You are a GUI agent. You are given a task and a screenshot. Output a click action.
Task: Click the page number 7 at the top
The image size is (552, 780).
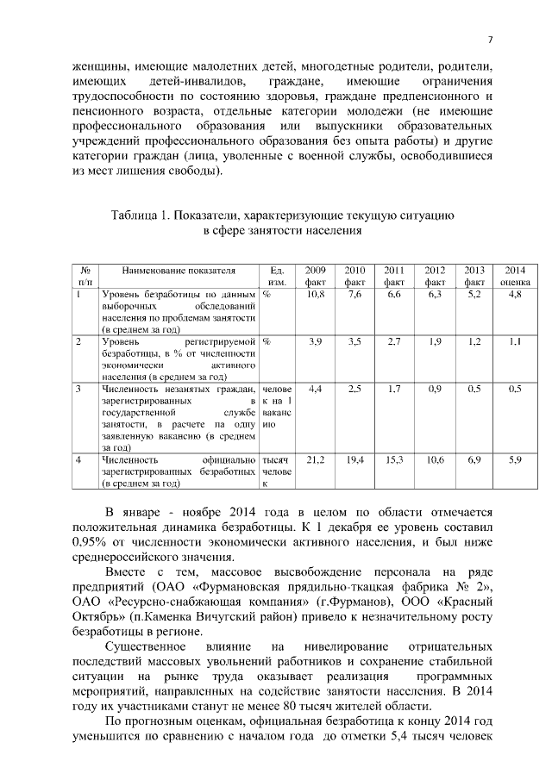(490, 41)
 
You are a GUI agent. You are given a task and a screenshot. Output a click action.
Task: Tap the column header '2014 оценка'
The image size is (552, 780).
(515, 275)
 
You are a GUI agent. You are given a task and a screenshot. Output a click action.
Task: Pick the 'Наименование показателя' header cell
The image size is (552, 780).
(179, 270)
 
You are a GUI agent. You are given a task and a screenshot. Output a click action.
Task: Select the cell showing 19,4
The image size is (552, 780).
(354, 460)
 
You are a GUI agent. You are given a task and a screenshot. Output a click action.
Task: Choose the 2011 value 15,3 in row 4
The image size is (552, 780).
(394, 460)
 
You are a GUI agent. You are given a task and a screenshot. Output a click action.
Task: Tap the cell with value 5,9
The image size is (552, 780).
(515, 460)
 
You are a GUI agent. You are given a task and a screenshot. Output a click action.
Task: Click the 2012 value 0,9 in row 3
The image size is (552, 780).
(435, 389)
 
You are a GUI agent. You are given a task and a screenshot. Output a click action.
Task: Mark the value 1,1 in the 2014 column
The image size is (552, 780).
(515, 341)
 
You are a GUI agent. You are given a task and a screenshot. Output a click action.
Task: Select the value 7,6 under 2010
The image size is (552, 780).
(354, 294)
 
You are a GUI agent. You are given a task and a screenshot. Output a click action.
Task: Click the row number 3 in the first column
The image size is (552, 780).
(78, 389)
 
